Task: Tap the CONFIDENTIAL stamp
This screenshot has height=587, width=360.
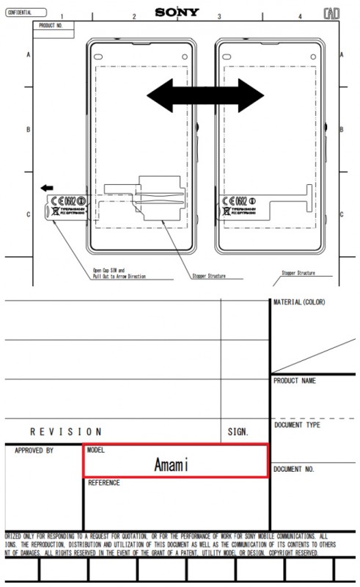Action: coord(24,12)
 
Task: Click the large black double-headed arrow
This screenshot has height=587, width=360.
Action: coord(205,93)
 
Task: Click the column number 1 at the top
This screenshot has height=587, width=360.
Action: coord(62,16)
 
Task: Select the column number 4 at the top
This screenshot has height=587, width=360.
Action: coord(300,16)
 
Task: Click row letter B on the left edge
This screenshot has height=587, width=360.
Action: coord(29,129)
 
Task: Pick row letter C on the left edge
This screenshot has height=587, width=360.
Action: coord(29,214)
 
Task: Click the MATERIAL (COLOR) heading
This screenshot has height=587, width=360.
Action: coord(299,302)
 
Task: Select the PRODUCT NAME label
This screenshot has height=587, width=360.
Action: coord(295,381)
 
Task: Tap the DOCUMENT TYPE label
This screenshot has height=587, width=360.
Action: coord(298,425)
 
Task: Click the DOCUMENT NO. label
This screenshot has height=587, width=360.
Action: coord(294,469)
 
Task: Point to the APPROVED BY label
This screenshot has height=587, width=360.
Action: coord(34,451)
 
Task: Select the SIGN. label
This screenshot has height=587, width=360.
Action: coord(238,432)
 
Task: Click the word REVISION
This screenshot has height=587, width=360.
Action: coord(66,431)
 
